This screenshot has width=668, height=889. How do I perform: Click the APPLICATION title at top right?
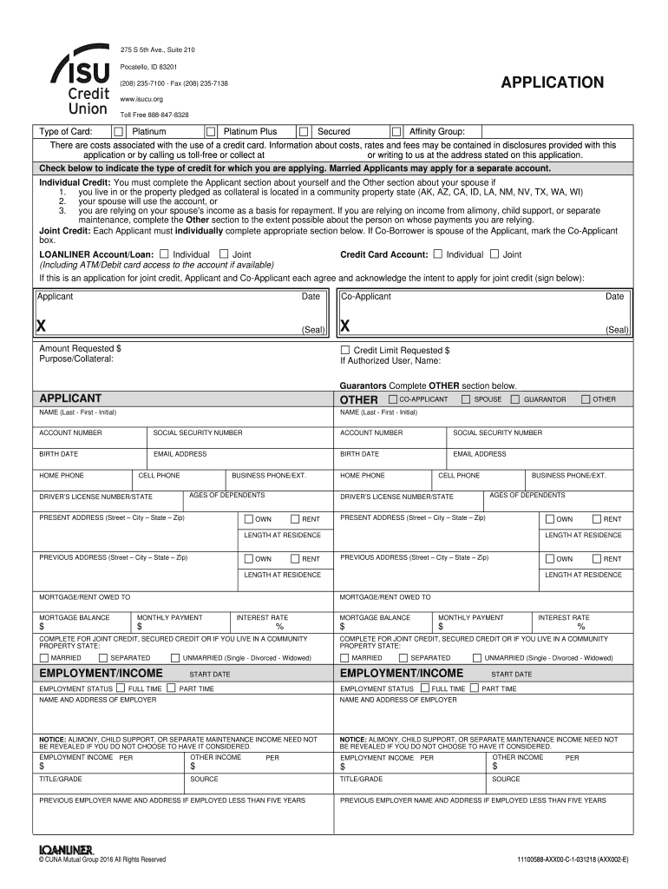553,83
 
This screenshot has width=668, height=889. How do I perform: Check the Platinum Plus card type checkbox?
210,131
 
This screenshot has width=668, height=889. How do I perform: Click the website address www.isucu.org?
141,99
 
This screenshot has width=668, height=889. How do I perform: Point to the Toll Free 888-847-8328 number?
154,115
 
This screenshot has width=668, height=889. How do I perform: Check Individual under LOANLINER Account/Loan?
165,254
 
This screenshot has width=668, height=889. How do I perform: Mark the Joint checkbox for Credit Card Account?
494,254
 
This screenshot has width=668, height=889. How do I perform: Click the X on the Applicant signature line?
41,326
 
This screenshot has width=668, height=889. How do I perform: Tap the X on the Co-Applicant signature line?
344,326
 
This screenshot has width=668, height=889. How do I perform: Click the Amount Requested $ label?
80,348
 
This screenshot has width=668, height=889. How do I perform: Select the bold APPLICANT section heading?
70,398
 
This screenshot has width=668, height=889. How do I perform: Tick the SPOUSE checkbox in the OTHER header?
466,399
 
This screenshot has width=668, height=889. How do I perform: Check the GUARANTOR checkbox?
515,399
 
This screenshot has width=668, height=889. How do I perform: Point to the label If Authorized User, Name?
390,360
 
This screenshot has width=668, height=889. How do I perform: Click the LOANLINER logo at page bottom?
66,848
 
